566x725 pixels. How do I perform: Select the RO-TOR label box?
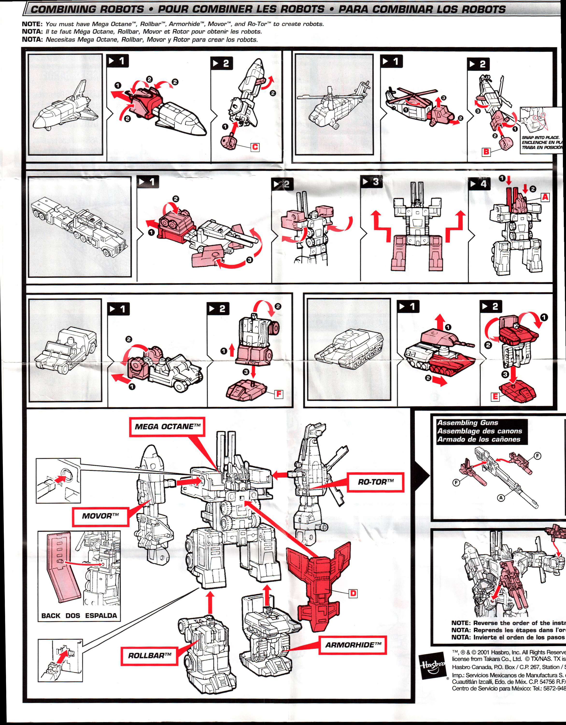(375, 482)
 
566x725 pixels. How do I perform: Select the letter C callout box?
(255, 147)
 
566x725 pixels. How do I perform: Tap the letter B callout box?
(486, 152)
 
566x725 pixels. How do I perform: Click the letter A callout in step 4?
(545, 197)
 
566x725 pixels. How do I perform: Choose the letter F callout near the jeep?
(279, 394)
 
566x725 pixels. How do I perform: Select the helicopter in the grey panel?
(333, 106)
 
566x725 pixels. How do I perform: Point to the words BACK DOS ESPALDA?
(79, 616)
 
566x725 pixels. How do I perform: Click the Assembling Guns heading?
(468, 423)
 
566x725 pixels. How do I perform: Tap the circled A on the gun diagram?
(501, 498)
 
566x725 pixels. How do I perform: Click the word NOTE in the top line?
(32, 24)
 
